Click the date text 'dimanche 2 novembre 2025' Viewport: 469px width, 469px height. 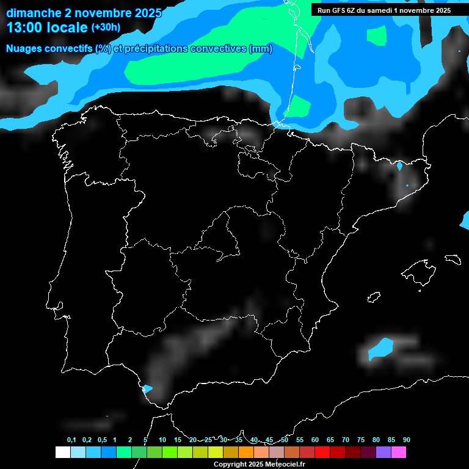[x=84, y=13]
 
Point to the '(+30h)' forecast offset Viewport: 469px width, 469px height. [x=106, y=27]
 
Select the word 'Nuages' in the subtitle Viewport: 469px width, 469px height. [x=24, y=49]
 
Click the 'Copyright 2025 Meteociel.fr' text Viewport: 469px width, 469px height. [x=259, y=464]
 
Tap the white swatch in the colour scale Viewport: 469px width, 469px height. [x=62, y=452]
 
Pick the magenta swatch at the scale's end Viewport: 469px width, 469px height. [x=398, y=452]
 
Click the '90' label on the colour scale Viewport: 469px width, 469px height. [x=406, y=440]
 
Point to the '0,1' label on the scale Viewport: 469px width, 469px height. [x=71, y=440]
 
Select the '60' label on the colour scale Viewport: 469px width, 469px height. [x=314, y=440]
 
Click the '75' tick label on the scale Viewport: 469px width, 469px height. [x=360, y=440]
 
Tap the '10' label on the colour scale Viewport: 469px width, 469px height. [x=162, y=440]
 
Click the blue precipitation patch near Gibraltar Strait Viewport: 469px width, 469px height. [x=147, y=388]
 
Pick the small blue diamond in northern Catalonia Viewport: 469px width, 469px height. [x=400, y=165]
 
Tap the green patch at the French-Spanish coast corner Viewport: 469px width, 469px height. [x=299, y=107]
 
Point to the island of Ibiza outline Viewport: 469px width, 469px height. [x=374, y=297]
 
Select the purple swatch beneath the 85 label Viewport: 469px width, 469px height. [x=383, y=452]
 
